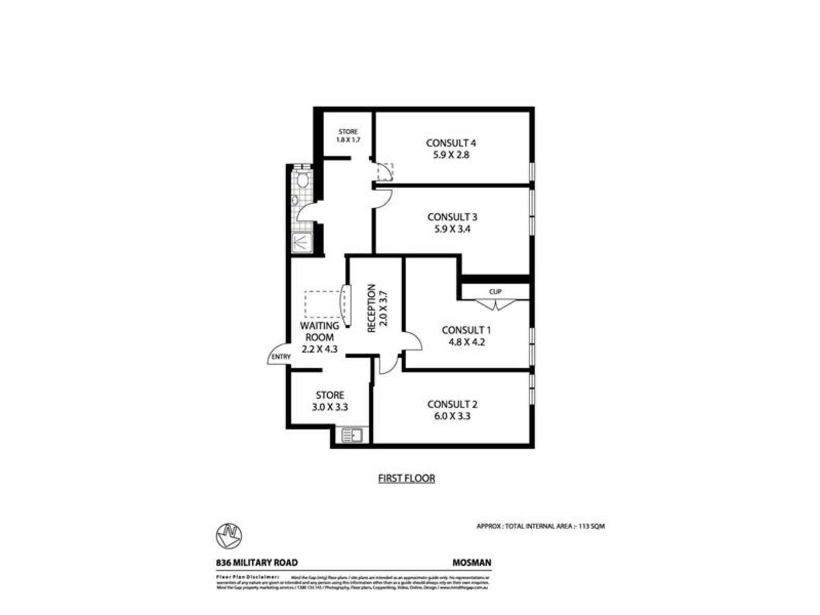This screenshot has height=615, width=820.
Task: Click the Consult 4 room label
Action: coord(451,143)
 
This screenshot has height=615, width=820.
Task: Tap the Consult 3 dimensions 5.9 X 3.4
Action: coord(452,229)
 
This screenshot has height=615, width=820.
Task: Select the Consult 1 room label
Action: coord(466,330)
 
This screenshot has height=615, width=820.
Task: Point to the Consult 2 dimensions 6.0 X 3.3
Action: coord(452,416)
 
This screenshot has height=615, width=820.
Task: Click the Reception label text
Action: coord(371,308)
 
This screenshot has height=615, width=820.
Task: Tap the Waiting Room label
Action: coord(319,331)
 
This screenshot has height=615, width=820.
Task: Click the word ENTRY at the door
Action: coord(281,357)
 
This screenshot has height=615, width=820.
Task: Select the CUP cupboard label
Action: coord(495,292)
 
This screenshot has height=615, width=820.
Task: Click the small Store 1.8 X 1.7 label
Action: coord(348,136)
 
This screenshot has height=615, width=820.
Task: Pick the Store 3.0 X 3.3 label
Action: coord(330,401)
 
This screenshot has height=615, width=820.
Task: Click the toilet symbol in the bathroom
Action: coord(303,180)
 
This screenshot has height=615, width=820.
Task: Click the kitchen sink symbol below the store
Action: coord(352,435)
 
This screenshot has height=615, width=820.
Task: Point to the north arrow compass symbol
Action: coord(229,536)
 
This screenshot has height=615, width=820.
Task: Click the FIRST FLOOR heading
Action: coord(406,478)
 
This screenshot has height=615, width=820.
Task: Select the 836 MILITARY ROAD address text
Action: coord(257,563)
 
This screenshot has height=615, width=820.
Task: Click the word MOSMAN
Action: coord(471,563)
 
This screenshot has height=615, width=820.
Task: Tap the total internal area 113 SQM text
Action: coord(540,526)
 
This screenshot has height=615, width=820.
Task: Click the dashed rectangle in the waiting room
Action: coord(324,304)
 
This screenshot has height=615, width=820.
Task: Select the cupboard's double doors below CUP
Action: coord(495,305)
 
